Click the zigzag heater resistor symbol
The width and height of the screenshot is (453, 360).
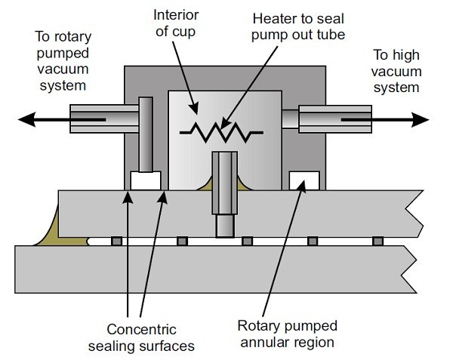point(221,133)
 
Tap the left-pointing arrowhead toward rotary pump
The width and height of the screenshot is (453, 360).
point(26,119)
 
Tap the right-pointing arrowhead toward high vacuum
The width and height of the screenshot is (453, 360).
point(421,119)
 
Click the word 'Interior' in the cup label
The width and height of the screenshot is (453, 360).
point(176,15)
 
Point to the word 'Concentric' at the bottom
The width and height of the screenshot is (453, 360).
point(142,329)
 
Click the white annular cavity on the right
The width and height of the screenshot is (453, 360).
point(304,180)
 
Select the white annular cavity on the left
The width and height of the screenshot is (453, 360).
point(146,180)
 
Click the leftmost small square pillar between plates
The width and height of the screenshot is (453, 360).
point(117,241)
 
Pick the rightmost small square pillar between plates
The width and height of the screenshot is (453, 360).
point(378,241)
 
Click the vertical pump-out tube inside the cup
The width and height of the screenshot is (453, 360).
point(225,194)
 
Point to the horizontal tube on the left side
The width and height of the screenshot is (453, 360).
point(104,118)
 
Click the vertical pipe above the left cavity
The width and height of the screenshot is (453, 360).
point(146,134)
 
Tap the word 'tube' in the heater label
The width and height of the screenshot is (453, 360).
point(331,35)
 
